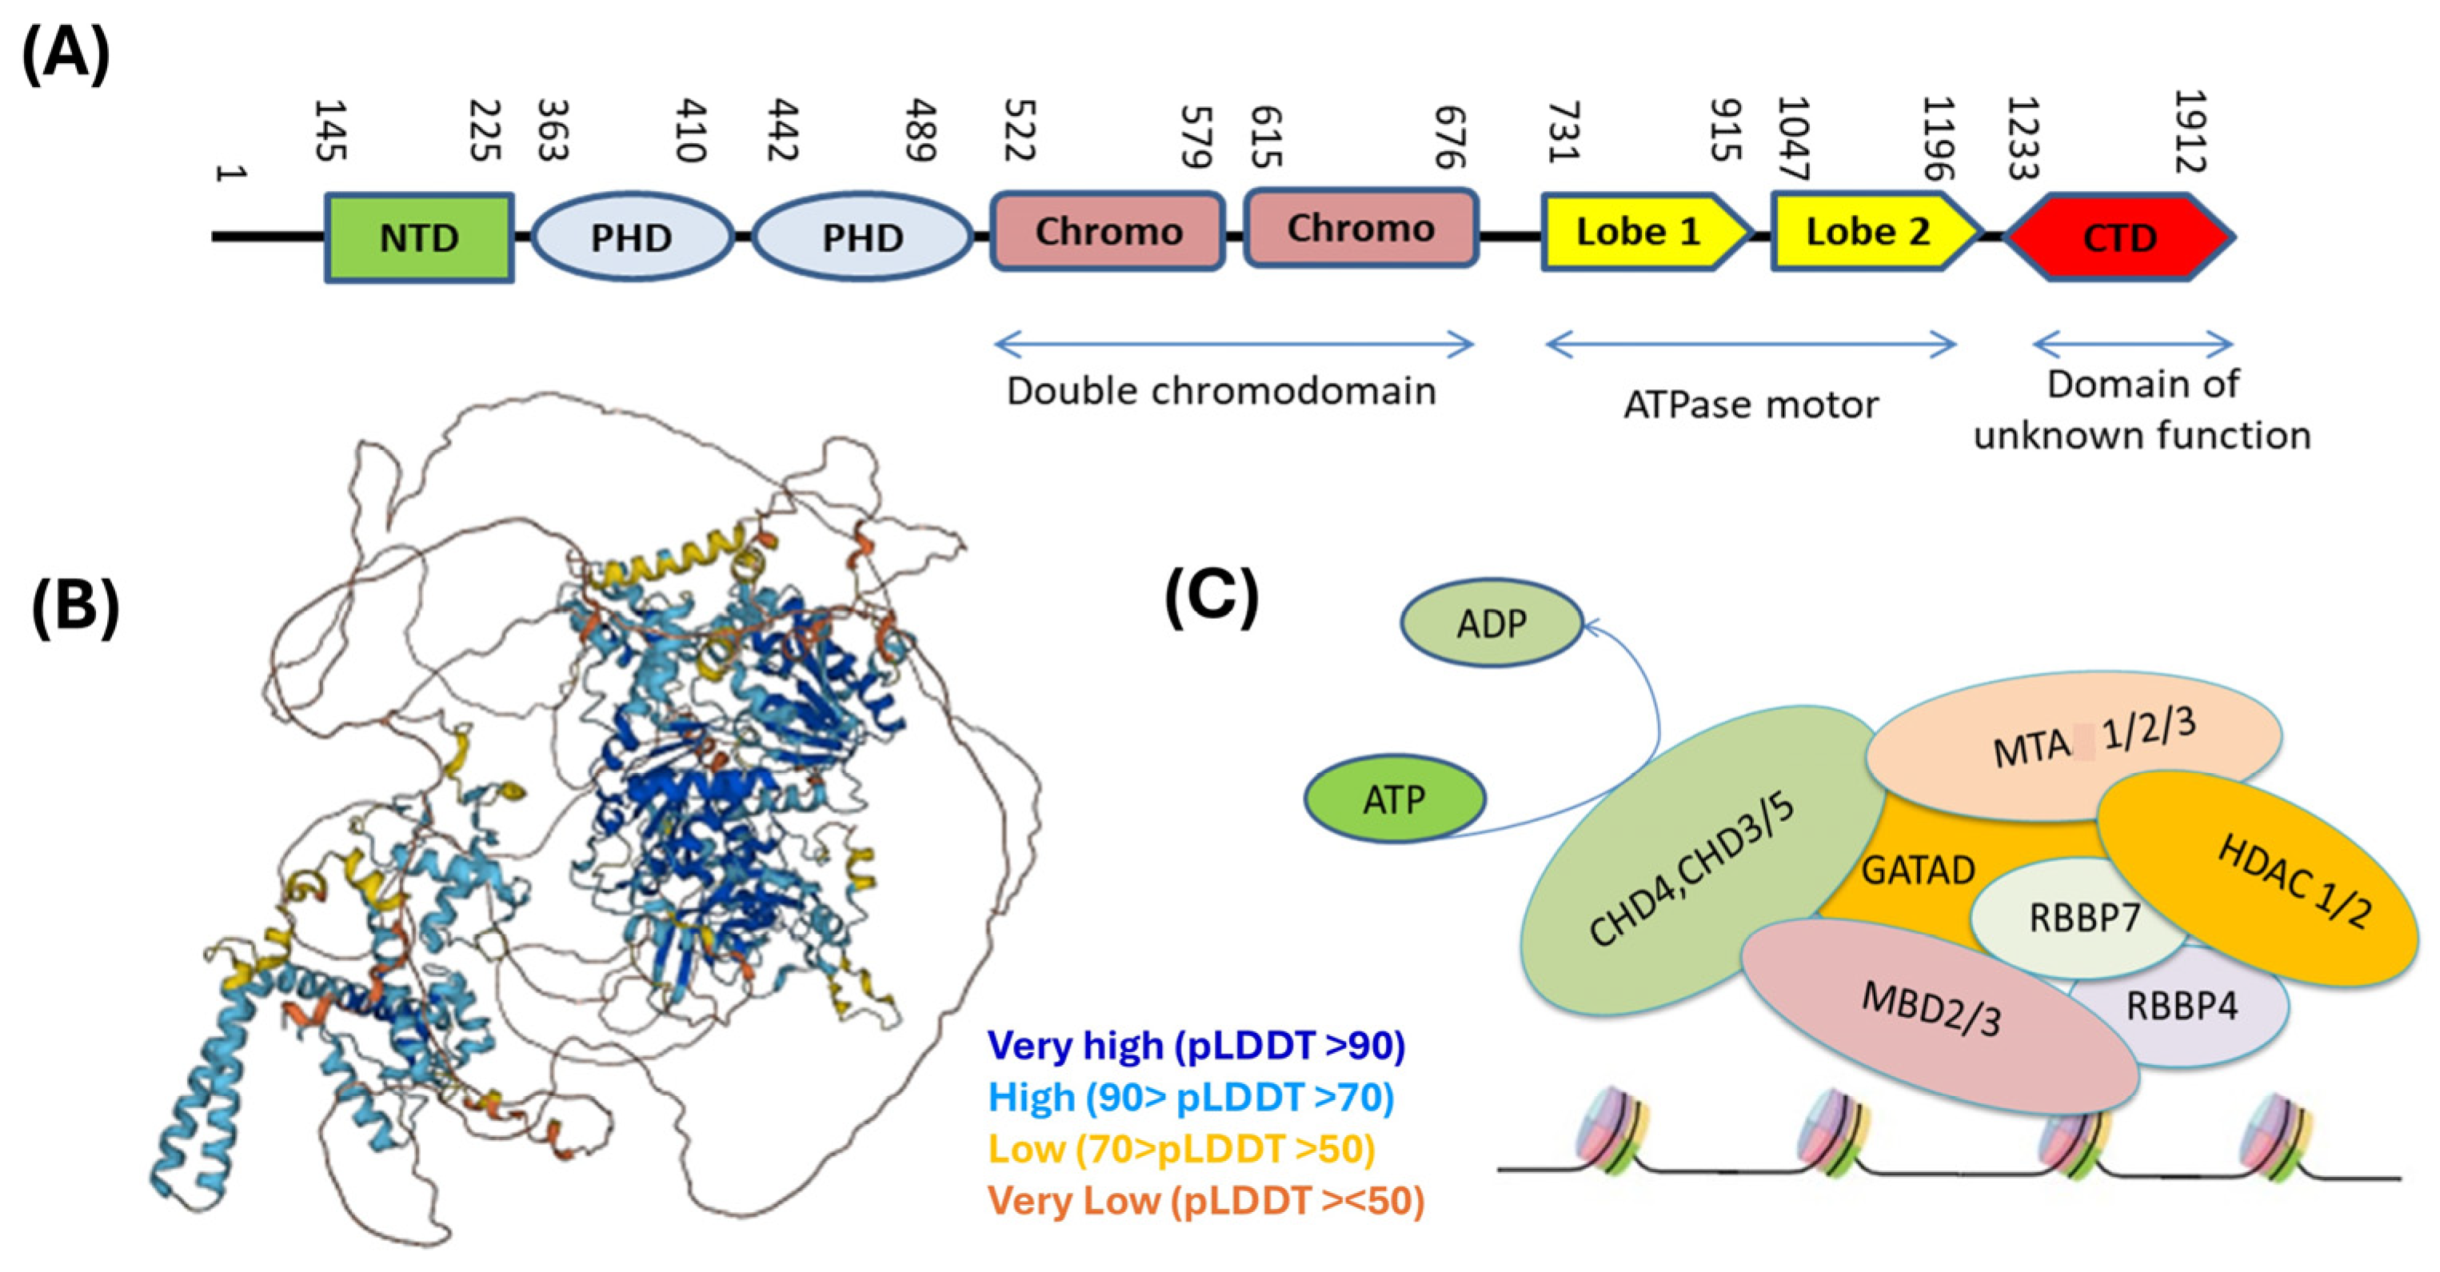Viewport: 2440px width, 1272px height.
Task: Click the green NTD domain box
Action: tap(419, 237)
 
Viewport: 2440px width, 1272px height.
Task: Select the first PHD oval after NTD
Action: tap(632, 237)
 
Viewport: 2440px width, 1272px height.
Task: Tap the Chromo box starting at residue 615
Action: tap(1360, 229)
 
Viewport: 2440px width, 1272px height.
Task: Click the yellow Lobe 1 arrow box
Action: tap(1639, 232)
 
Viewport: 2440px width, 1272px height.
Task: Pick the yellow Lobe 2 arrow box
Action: tap(1869, 232)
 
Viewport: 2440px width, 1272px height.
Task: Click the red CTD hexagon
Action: tap(2120, 237)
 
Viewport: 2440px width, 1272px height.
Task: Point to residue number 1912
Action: tap(2190, 132)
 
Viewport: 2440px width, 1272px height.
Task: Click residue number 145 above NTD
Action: tap(329, 130)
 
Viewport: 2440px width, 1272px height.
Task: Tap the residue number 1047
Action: tap(1793, 138)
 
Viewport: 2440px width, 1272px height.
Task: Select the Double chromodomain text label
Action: tap(1221, 391)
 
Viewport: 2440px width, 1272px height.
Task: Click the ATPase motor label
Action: tap(1751, 405)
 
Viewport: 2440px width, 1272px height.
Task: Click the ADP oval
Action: tap(1492, 624)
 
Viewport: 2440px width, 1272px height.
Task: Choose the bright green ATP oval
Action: tap(1394, 800)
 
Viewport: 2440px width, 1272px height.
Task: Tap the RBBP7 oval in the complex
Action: tap(2084, 918)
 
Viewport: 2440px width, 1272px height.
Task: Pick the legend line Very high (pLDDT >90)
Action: tap(1196, 1046)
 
